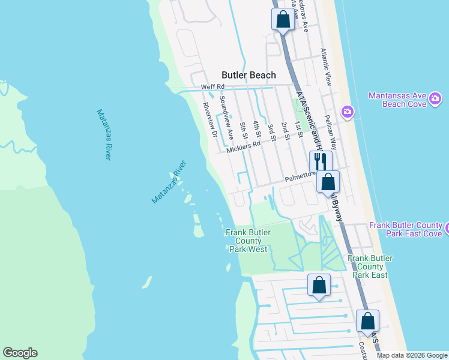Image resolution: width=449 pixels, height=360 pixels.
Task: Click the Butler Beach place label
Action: [249, 75]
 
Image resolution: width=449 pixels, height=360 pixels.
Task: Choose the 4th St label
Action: [257, 128]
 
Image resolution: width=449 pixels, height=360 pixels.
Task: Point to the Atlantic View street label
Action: [328, 66]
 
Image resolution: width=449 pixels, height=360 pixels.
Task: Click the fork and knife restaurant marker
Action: [321, 161]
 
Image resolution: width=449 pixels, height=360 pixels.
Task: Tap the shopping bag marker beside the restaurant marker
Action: [328, 182]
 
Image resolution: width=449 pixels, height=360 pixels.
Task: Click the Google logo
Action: [20, 353]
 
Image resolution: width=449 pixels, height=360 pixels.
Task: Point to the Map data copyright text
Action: [411, 355]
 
